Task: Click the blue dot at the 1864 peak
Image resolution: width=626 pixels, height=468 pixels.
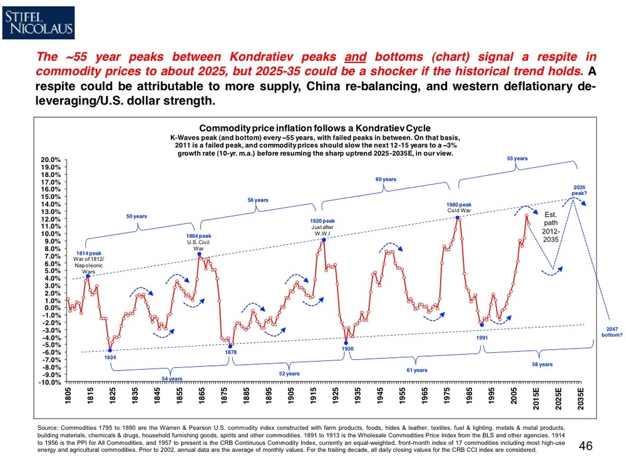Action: pyautogui.click(x=199, y=254)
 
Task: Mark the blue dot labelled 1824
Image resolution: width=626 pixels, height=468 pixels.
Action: pyautogui.click(x=110, y=350)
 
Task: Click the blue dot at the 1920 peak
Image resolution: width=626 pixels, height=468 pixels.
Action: pyautogui.click(x=324, y=240)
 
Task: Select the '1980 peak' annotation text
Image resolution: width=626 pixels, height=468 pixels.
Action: pyautogui.click(x=459, y=205)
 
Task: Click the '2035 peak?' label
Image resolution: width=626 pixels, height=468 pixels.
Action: pyautogui.click(x=580, y=190)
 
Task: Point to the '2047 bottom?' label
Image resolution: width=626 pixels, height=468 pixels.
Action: pyautogui.click(x=610, y=332)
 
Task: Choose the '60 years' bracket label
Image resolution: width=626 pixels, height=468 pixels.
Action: pyautogui.click(x=386, y=180)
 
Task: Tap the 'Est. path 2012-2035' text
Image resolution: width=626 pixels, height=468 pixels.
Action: pyautogui.click(x=551, y=226)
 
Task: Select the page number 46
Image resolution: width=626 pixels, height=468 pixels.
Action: pyautogui.click(x=587, y=446)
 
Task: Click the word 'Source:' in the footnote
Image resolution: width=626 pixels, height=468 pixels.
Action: pyautogui.click(x=49, y=427)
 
